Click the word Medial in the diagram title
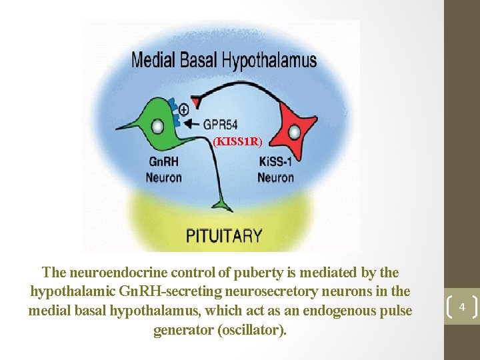(x=153, y=61)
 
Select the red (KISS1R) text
(x=238, y=141)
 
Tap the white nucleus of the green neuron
(x=157, y=126)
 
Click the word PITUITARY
(x=224, y=235)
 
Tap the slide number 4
(x=461, y=307)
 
